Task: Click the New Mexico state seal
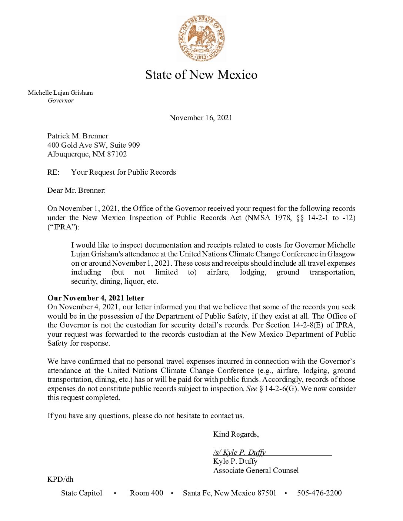pos(201,38)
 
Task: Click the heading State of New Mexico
pos(201,75)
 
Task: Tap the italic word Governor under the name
pos(61,101)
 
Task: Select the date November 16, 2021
pos(201,118)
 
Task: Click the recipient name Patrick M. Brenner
pos(78,136)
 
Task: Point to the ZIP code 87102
pos(117,154)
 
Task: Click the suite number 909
pos(133,145)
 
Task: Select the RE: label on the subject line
pos(53,172)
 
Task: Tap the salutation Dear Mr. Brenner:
pos(76,190)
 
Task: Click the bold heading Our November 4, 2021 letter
pos(96,298)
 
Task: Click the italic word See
pos(252,389)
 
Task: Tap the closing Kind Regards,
pos(236,434)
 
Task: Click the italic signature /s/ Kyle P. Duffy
pos(239,452)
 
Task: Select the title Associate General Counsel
pos(256,470)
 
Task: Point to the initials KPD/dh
pos(60,479)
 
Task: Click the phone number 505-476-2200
pos(319,493)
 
